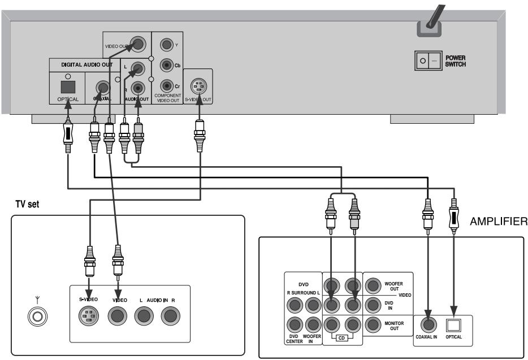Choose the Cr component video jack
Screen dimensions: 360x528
(166, 85)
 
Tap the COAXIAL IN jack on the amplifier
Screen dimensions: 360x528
(428, 325)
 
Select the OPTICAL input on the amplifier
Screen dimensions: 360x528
(453, 325)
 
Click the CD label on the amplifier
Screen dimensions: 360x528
(342, 339)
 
